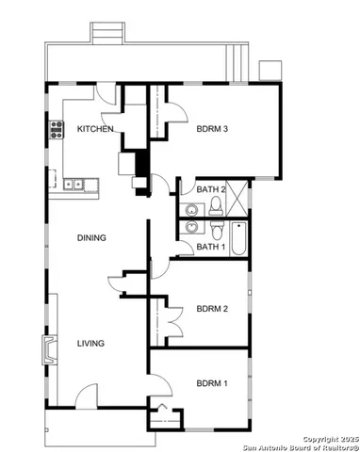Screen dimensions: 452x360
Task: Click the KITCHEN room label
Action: [x=95, y=129]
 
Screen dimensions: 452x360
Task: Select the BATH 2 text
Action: [x=211, y=189]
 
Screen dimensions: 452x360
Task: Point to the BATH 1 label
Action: [x=210, y=247]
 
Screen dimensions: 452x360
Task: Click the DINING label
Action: [x=91, y=237]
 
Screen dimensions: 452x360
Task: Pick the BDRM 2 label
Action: [x=212, y=308]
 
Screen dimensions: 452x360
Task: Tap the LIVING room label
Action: [x=90, y=343]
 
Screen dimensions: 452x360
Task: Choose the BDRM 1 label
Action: [x=212, y=383]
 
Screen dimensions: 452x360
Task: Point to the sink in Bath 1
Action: [x=192, y=229]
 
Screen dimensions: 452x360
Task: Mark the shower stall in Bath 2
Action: [x=240, y=199]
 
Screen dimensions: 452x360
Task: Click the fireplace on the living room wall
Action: [x=47, y=349]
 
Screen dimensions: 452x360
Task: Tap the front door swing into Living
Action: [x=86, y=397]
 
